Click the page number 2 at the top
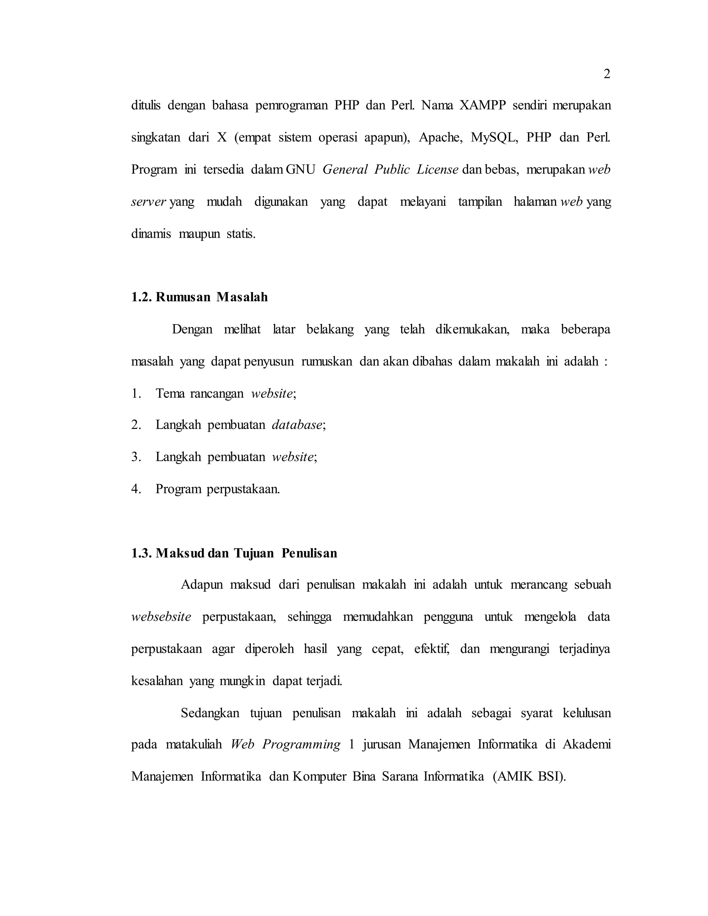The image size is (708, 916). tap(606, 75)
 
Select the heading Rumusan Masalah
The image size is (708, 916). tap(211, 297)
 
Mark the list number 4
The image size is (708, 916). tap(136, 489)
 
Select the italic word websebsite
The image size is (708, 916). tap(161, 617)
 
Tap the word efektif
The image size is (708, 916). tap(431, 649)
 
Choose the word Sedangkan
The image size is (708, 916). tap(210, 713)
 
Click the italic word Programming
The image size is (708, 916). tap(301, 745)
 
